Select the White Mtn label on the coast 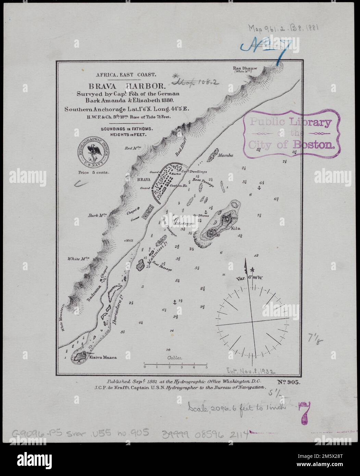[78, 259]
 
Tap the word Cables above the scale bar [175, 358]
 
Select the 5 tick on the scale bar [207, 367]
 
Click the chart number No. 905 [288, 383]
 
